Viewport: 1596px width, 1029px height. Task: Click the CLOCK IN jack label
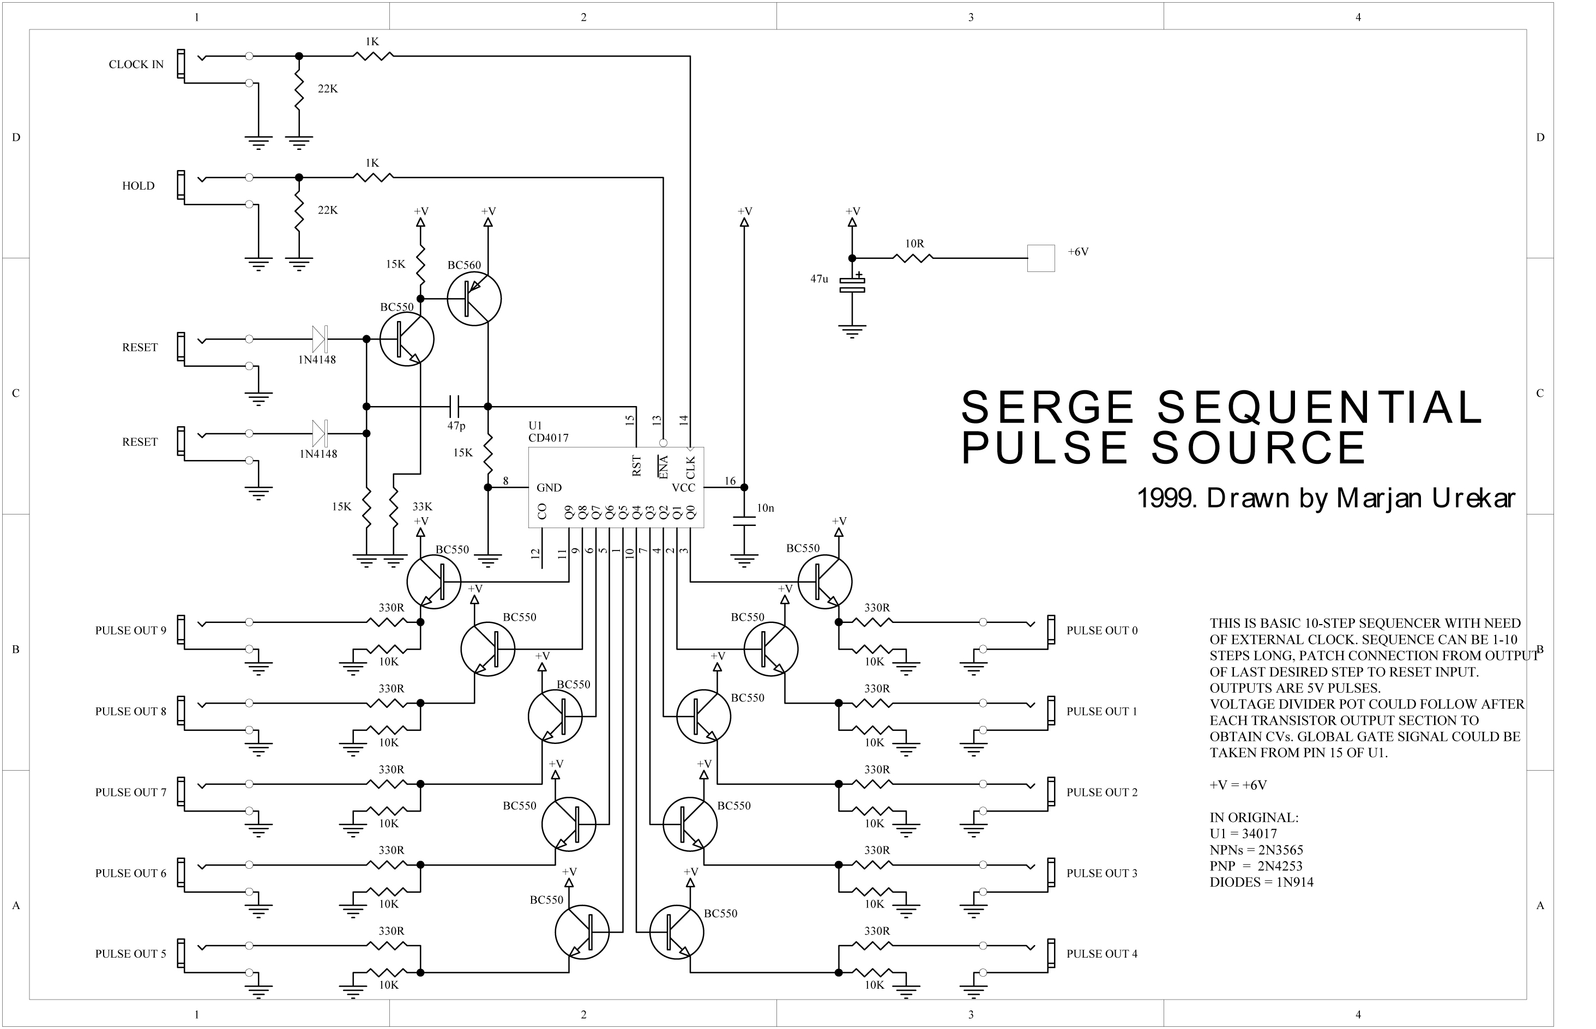coord(136,64)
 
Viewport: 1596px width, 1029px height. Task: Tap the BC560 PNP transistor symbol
coord(474,299)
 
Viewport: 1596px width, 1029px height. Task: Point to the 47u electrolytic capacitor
coord(852,285)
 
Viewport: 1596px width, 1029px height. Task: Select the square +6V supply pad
coord(1040,258)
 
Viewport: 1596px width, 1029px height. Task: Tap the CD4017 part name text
coord(548,438)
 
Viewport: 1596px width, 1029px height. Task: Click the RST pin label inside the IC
coord(636,466)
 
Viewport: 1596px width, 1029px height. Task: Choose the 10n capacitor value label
coord(765,508)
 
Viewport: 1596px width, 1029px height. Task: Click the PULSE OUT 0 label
coord(1101,630)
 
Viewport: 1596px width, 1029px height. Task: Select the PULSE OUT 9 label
coord(130,630)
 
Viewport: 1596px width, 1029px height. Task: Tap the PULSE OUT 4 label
coord(1101,953)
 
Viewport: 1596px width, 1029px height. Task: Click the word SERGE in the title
coord(1047,407)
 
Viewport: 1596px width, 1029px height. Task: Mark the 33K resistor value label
coord(421,506)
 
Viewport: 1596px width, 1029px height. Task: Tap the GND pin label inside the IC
coord(549,488)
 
